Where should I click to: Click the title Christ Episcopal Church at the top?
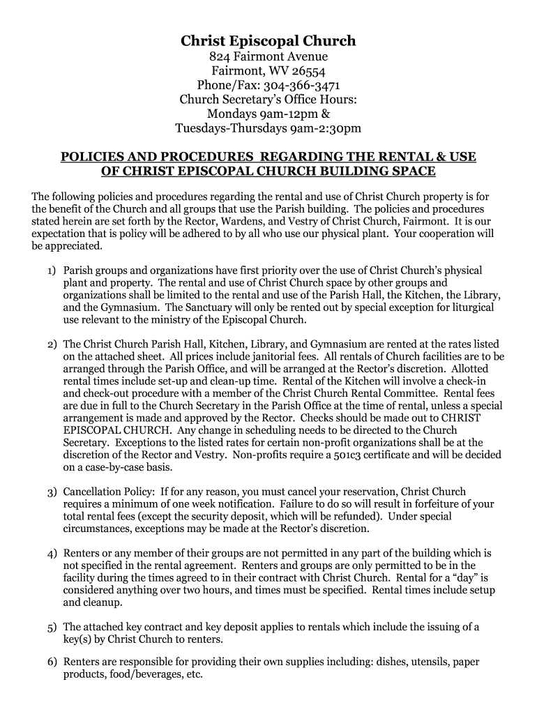tap(268, 41)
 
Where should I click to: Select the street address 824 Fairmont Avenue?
tap(268, 56)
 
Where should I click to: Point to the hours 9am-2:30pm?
tap(326, 128)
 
